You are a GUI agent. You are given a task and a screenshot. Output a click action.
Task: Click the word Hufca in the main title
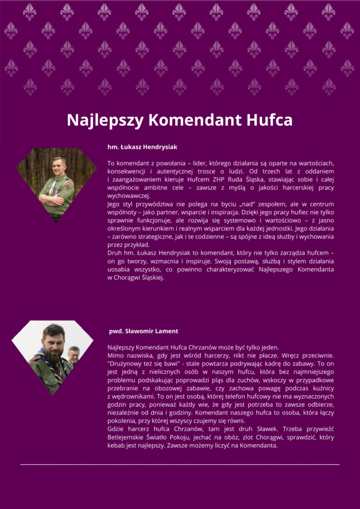[269, 120]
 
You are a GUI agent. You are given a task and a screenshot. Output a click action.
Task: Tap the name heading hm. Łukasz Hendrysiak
[142, 147]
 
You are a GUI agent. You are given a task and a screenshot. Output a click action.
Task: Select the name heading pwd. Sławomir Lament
[144, 331]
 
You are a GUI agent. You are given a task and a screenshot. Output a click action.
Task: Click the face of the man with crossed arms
[59, 166]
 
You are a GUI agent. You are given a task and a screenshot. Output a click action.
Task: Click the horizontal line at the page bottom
[180, 464]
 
